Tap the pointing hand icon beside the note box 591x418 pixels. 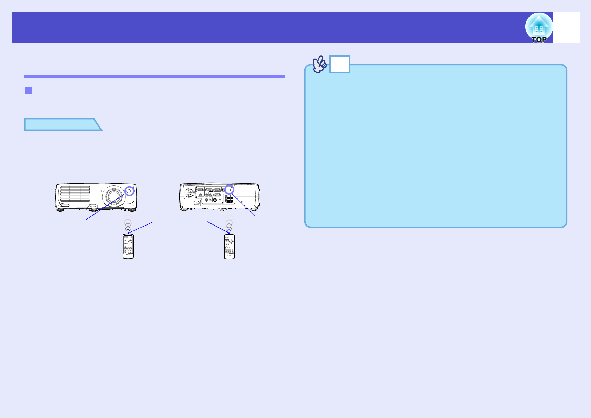(x=319, y=64)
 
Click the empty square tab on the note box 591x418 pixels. (x=339, y=64)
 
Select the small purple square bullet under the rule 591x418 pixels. (x=28, y=90)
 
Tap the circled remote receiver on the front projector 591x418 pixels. (x=129, y=191)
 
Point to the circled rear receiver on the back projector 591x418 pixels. (x=229, y=189)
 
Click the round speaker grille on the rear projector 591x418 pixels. (x=189, y=192)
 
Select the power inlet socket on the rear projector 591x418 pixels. (x=197, y=202)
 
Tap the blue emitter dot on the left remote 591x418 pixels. (x=129, y=233)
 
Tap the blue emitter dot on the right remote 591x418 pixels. (x=229, y=233)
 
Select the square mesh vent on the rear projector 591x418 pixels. (x=229, y=199)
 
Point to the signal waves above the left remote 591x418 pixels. (x=128, y=224)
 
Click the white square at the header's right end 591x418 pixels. (x=566, y=27)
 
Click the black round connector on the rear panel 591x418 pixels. (x=215, y=200)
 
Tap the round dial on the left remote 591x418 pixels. (x=130, y=241)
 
